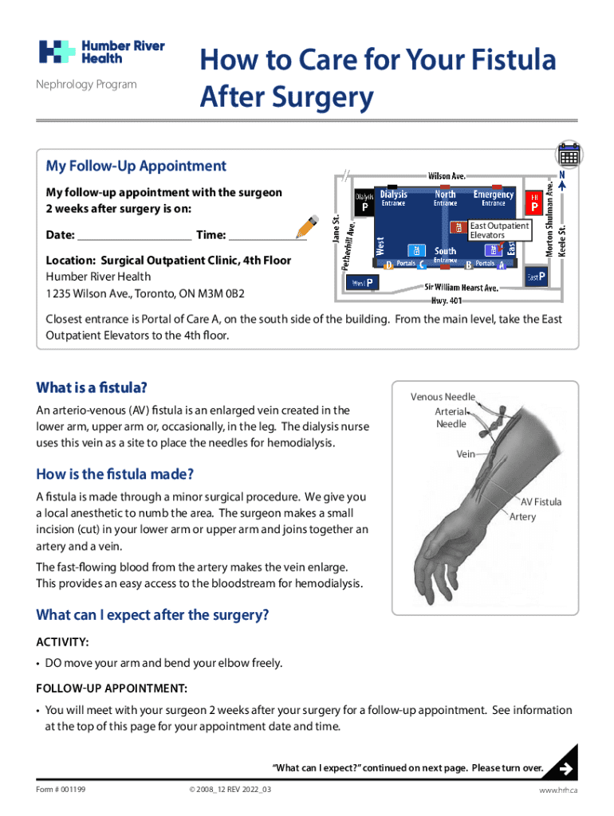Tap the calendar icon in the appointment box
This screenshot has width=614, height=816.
click(x=569, y=153)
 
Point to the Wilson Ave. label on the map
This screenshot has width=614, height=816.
click(x=447, y=175)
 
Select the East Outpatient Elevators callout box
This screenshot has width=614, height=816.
click(x=499, y=230)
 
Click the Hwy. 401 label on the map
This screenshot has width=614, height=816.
click(x=447, y=300)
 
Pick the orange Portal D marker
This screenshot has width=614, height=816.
click(x=388, y=265)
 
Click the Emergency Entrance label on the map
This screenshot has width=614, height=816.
click(x=493, y=198)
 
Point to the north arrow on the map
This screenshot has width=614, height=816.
click(x=562, y=182)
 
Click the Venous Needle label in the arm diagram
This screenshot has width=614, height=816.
click(x=443, y=397)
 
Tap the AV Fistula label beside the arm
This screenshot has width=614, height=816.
click(x=541, y=502)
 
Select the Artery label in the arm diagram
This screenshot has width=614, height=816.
click(x=523, y=516)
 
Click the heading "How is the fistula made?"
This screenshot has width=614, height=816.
click(x=116, y=474)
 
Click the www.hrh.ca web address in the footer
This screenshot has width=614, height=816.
click(x=557, y=789)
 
